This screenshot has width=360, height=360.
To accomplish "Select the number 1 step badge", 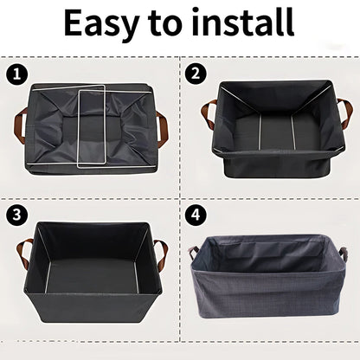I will (14, 74).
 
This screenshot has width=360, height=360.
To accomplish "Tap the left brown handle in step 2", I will (208, 113).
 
